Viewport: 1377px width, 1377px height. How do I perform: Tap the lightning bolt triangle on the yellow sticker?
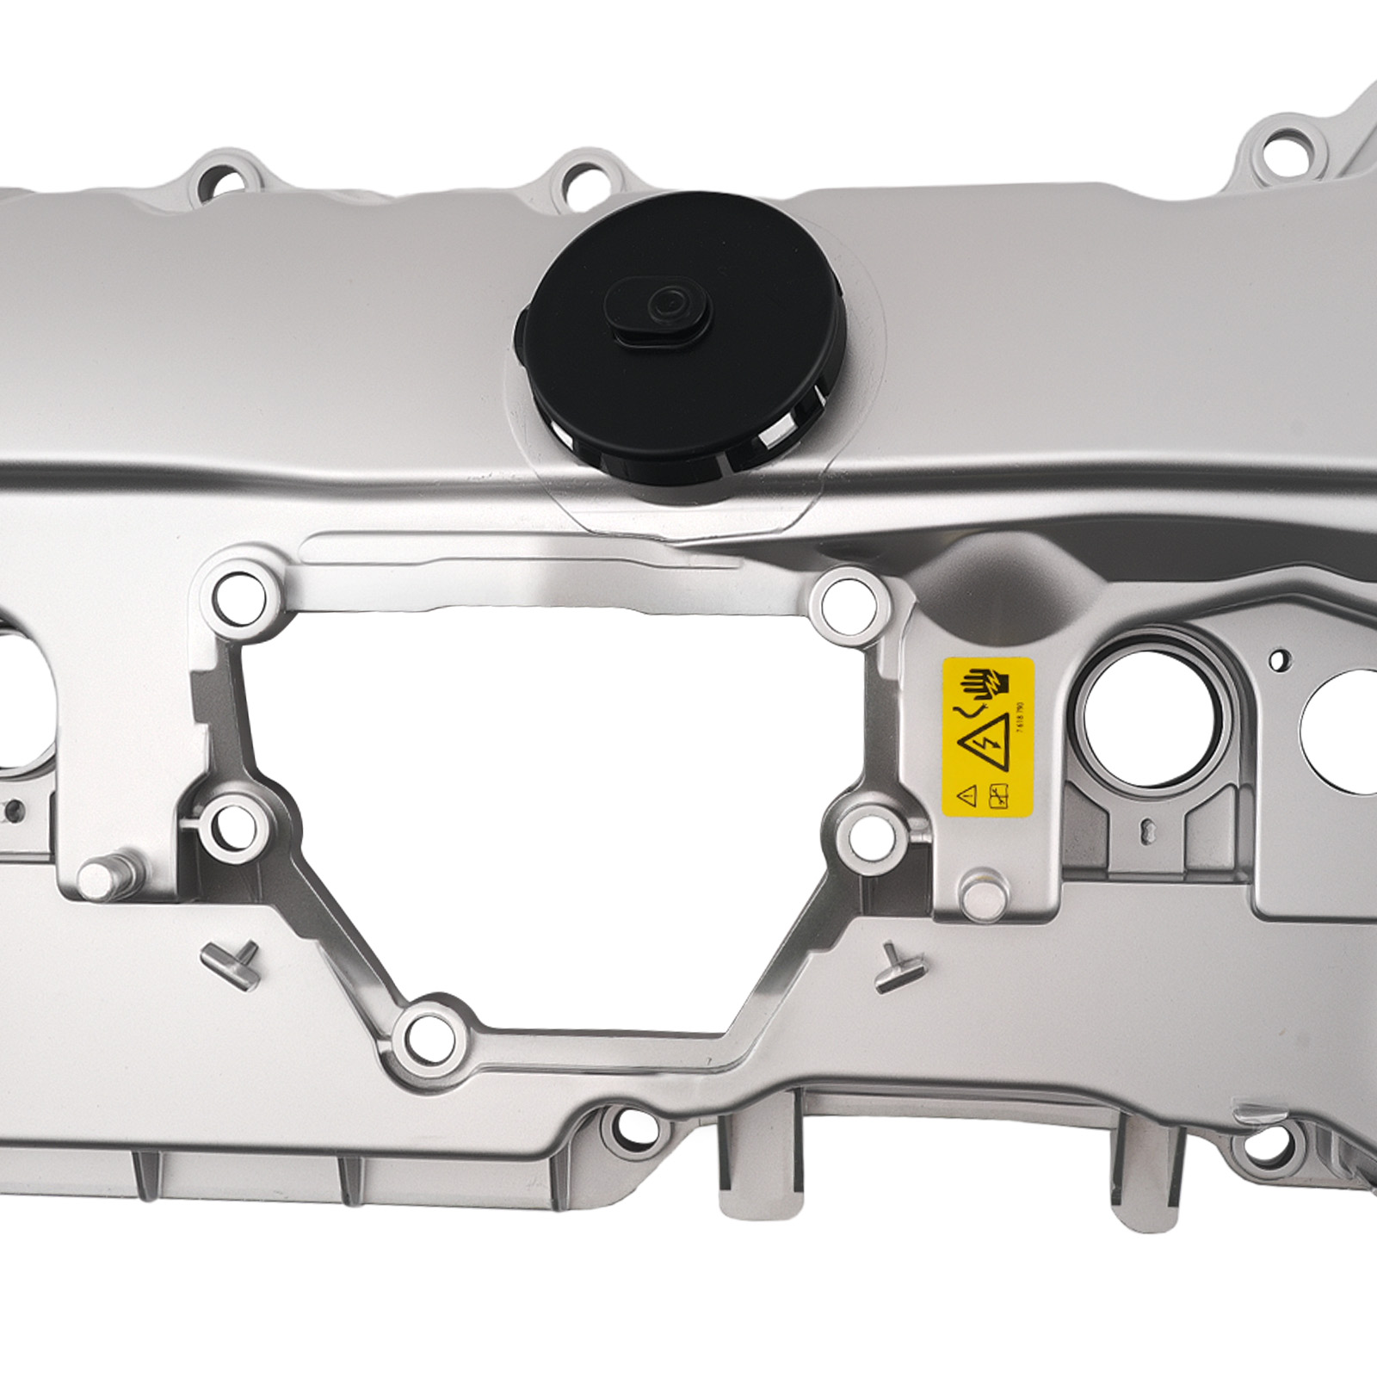pos(987,741)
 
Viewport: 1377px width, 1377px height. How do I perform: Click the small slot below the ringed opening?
pos(1147,829)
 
